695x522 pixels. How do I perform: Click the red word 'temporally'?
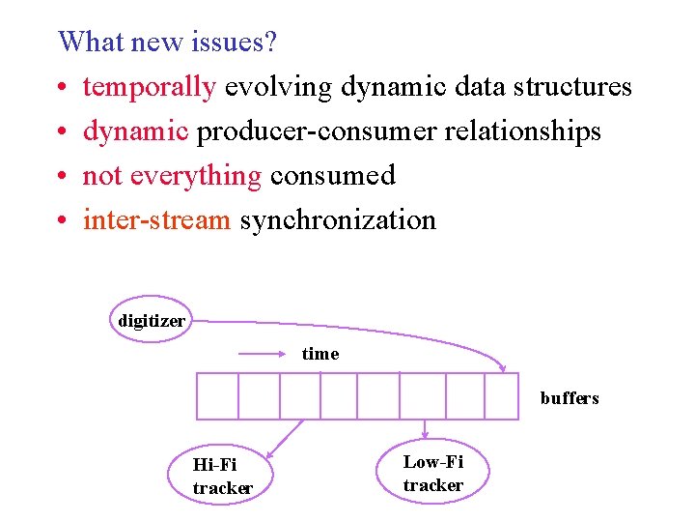[149, 87]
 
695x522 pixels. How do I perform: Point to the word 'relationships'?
[522, 131]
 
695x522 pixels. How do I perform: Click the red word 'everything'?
[196, 176]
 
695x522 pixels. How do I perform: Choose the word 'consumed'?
[333, 176]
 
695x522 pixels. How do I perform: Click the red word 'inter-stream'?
[156, 220]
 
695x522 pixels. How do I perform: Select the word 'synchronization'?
[338, 220]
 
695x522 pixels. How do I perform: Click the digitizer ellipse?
[151, 320]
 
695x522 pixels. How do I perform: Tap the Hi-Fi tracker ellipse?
[223, 476]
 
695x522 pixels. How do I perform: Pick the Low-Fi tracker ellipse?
[433, 474]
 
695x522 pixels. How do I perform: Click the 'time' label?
[320, 354]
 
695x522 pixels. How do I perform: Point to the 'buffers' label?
[570, 398]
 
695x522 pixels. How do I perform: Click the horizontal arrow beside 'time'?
[266, 354]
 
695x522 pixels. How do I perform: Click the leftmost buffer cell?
[217, 396]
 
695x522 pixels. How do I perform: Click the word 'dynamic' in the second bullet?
[135, 131]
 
